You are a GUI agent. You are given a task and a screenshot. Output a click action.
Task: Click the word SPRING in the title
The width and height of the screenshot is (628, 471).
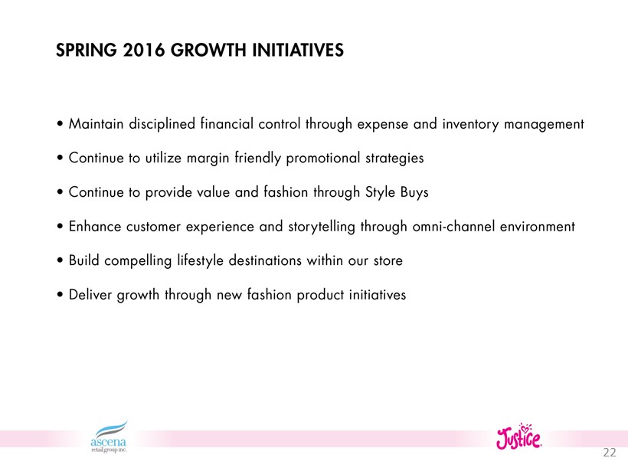point(86,51)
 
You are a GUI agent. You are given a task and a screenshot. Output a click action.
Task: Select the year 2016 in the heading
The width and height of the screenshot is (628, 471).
point(144,51)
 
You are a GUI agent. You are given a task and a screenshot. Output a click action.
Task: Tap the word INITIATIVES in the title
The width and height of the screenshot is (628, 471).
point(298,51)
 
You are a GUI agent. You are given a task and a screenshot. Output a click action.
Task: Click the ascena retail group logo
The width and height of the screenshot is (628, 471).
point(109,437)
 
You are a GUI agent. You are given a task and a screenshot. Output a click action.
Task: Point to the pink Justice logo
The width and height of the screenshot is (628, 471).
point(518,437)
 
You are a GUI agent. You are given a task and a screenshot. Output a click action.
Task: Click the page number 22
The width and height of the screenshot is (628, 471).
point(609,452)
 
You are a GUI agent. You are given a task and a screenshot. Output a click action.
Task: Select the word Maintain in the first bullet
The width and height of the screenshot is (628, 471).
point(96,124)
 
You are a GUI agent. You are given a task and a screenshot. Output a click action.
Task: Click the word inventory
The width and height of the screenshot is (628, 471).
point(470,125)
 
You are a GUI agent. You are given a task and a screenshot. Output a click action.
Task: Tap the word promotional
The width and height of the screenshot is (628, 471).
point(323,159)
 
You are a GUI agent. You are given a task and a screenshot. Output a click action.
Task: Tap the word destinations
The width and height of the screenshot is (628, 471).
point(265,260)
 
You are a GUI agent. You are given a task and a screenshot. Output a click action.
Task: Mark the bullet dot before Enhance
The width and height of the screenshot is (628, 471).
point(60,227)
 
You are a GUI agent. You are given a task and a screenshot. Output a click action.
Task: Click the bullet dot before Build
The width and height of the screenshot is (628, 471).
point(60,260)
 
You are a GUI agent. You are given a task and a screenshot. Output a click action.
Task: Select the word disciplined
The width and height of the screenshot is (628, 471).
point(162,124)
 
